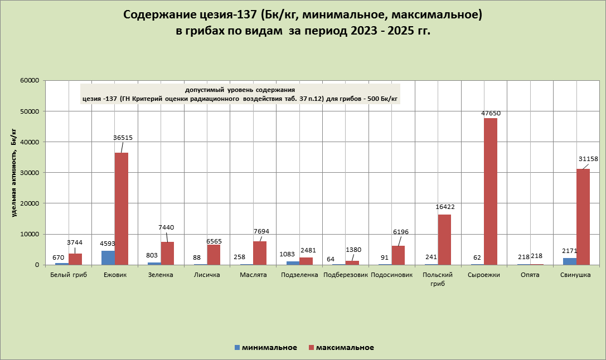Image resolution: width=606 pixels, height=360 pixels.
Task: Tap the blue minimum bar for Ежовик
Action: [108, 257]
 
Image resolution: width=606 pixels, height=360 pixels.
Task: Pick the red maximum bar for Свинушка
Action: [583, 217]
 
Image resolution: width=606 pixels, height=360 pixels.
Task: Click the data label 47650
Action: [491, 113]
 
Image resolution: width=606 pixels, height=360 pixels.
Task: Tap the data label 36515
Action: [123, 137]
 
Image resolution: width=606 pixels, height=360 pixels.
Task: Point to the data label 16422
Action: [445, 207]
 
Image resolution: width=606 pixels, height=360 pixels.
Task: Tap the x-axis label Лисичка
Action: [206, 275]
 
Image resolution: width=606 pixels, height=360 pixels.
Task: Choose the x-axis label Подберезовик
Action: [345, 275]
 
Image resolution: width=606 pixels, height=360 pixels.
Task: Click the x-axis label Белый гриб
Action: [69, 275]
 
